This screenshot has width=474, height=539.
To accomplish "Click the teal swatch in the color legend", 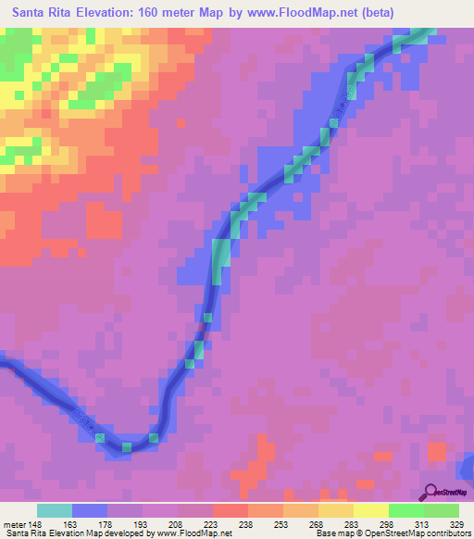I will pos(55,510).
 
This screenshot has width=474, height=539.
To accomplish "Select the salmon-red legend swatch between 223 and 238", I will pos(231,510).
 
